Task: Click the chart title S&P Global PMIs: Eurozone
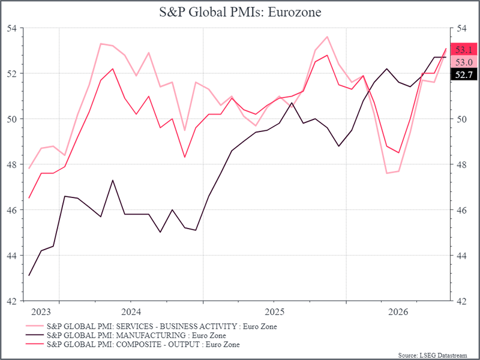tap(240, 12)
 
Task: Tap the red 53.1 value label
tap(464, 50)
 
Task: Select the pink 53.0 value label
tap(464, 62)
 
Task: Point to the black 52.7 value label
tap(464, 74)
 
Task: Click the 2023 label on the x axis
tap(41, 312)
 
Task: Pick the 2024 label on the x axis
tap(131, 312)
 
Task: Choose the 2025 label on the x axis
tap(275, 312)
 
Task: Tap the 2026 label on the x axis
tap(398, 312)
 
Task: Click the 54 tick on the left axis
tap(12, 28)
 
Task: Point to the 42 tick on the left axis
tap(12, 301)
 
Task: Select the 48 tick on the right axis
tap(462, 164)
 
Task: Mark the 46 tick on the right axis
tap(462, 211)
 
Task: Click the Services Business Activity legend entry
tap(152, 326)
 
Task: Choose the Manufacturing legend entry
tap(126, 335)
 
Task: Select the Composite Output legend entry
tap(133, 344)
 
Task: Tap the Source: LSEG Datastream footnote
tap(433, 355)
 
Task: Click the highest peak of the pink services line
tap(327, 37)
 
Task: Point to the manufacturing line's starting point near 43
tap(29, 275)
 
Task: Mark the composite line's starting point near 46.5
tap(29, 198)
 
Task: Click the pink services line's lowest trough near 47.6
tap(387, 173)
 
